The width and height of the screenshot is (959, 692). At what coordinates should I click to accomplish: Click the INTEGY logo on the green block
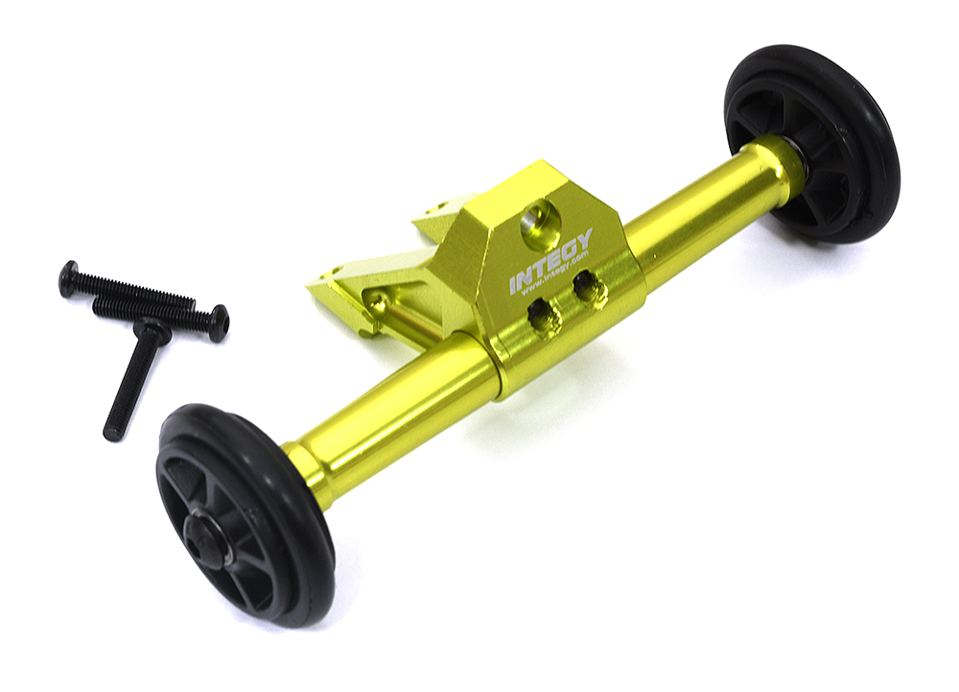point(550,260)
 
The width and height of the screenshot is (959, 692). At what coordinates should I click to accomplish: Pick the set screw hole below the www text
point(545,317)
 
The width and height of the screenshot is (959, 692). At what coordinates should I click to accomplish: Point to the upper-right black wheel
point(812,143)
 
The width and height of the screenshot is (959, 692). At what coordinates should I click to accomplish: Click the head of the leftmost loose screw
point(69,278)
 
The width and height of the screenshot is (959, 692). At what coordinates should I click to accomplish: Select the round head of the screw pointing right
point(219,322)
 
